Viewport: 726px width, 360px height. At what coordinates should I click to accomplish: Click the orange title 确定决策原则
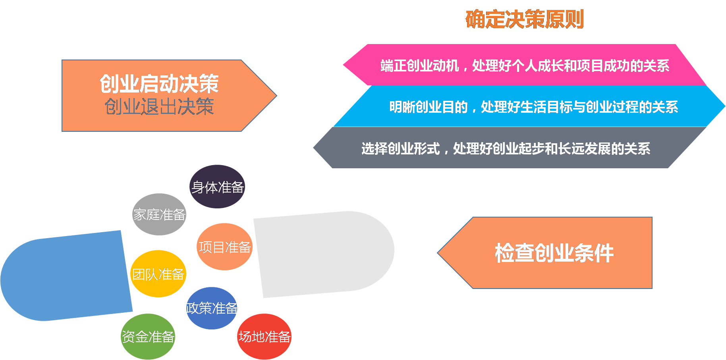(x=524, y=19)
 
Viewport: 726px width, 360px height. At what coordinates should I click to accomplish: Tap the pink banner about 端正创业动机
(x=524, y=65)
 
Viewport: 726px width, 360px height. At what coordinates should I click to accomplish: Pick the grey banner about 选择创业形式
(x=506, y=148)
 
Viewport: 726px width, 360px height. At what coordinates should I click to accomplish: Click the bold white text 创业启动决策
(x=159, y=84)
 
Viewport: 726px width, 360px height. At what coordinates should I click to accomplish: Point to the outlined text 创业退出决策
(x=159, y=107)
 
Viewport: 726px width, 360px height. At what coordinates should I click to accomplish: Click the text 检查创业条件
(x=554, y=253)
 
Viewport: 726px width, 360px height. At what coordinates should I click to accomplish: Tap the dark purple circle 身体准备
(x=217, y=187)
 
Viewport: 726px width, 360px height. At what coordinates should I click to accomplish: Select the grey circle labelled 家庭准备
(x=159, y=214)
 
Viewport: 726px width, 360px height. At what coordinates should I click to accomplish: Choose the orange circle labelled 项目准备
(x=225, y=247)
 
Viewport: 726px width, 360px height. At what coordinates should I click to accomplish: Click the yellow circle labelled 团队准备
(x=158, y=274)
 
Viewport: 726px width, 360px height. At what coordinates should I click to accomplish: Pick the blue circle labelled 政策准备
(x=212, y=308)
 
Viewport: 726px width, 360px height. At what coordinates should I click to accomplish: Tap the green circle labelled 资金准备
(x=148, y=337)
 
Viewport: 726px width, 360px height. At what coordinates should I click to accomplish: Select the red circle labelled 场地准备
(x=264, y=337)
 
